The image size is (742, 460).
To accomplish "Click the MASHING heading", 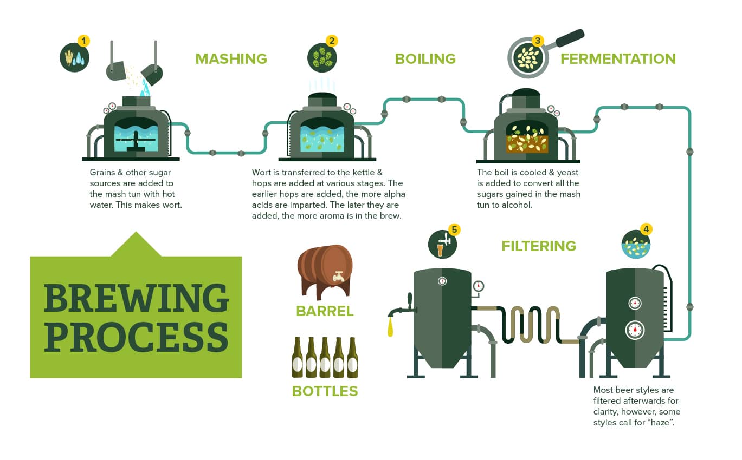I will (x=231, y=58).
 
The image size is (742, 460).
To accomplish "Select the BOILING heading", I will (x=425, y=58).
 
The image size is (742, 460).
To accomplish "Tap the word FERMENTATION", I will (x=618, y=58).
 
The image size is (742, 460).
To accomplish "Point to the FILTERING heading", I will (x=538, y=246).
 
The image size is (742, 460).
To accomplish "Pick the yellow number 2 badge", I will (x=331, y=41).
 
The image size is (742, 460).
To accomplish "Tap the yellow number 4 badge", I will (x=645, y=229).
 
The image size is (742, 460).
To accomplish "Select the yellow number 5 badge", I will (x=454, y=229).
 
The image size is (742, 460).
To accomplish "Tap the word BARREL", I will (x=325, y=311).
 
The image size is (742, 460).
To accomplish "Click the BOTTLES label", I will (x=325, y=391).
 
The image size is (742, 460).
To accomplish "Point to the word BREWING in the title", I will (x=136, y=297).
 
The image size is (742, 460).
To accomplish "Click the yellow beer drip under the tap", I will (x=390, y=327).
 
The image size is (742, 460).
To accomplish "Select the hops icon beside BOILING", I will (x=321, y=56).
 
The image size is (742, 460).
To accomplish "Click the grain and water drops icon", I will (x=74, y=57).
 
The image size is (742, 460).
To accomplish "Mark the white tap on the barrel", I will (x=339, y=276).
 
